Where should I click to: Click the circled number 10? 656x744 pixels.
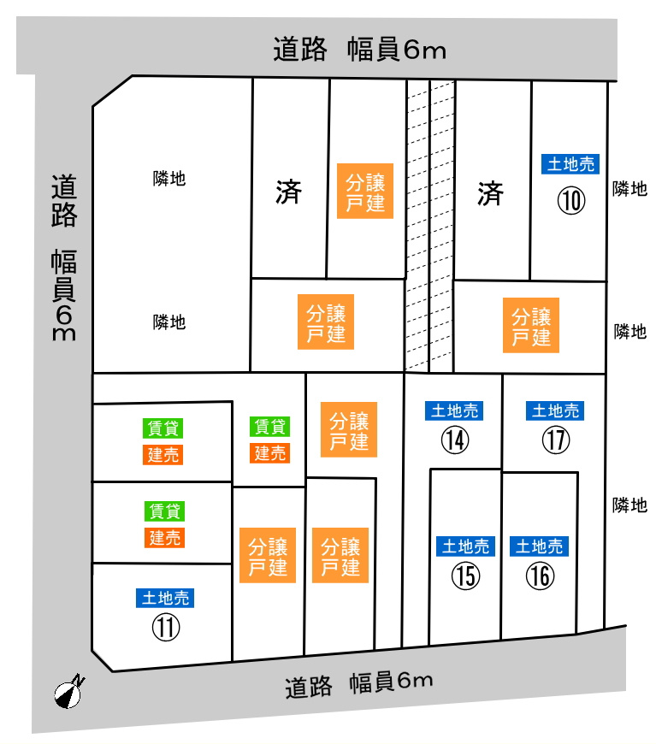click(571, 200)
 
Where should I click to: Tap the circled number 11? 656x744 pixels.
click(167, 628)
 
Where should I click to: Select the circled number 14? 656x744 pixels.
click(454, 440)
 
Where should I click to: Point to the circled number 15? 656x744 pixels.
click(465, 576)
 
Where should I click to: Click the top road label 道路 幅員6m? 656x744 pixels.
click(360, 50)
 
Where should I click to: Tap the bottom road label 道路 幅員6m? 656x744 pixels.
click(359, 683)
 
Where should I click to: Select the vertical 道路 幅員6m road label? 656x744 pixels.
click(64, 257)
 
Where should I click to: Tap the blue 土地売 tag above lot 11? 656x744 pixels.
click(166, 597)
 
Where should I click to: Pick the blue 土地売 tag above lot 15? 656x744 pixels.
click(465, 546)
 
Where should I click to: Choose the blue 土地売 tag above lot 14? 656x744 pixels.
click(454, 411)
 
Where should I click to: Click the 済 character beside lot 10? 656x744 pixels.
click(490, 194)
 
